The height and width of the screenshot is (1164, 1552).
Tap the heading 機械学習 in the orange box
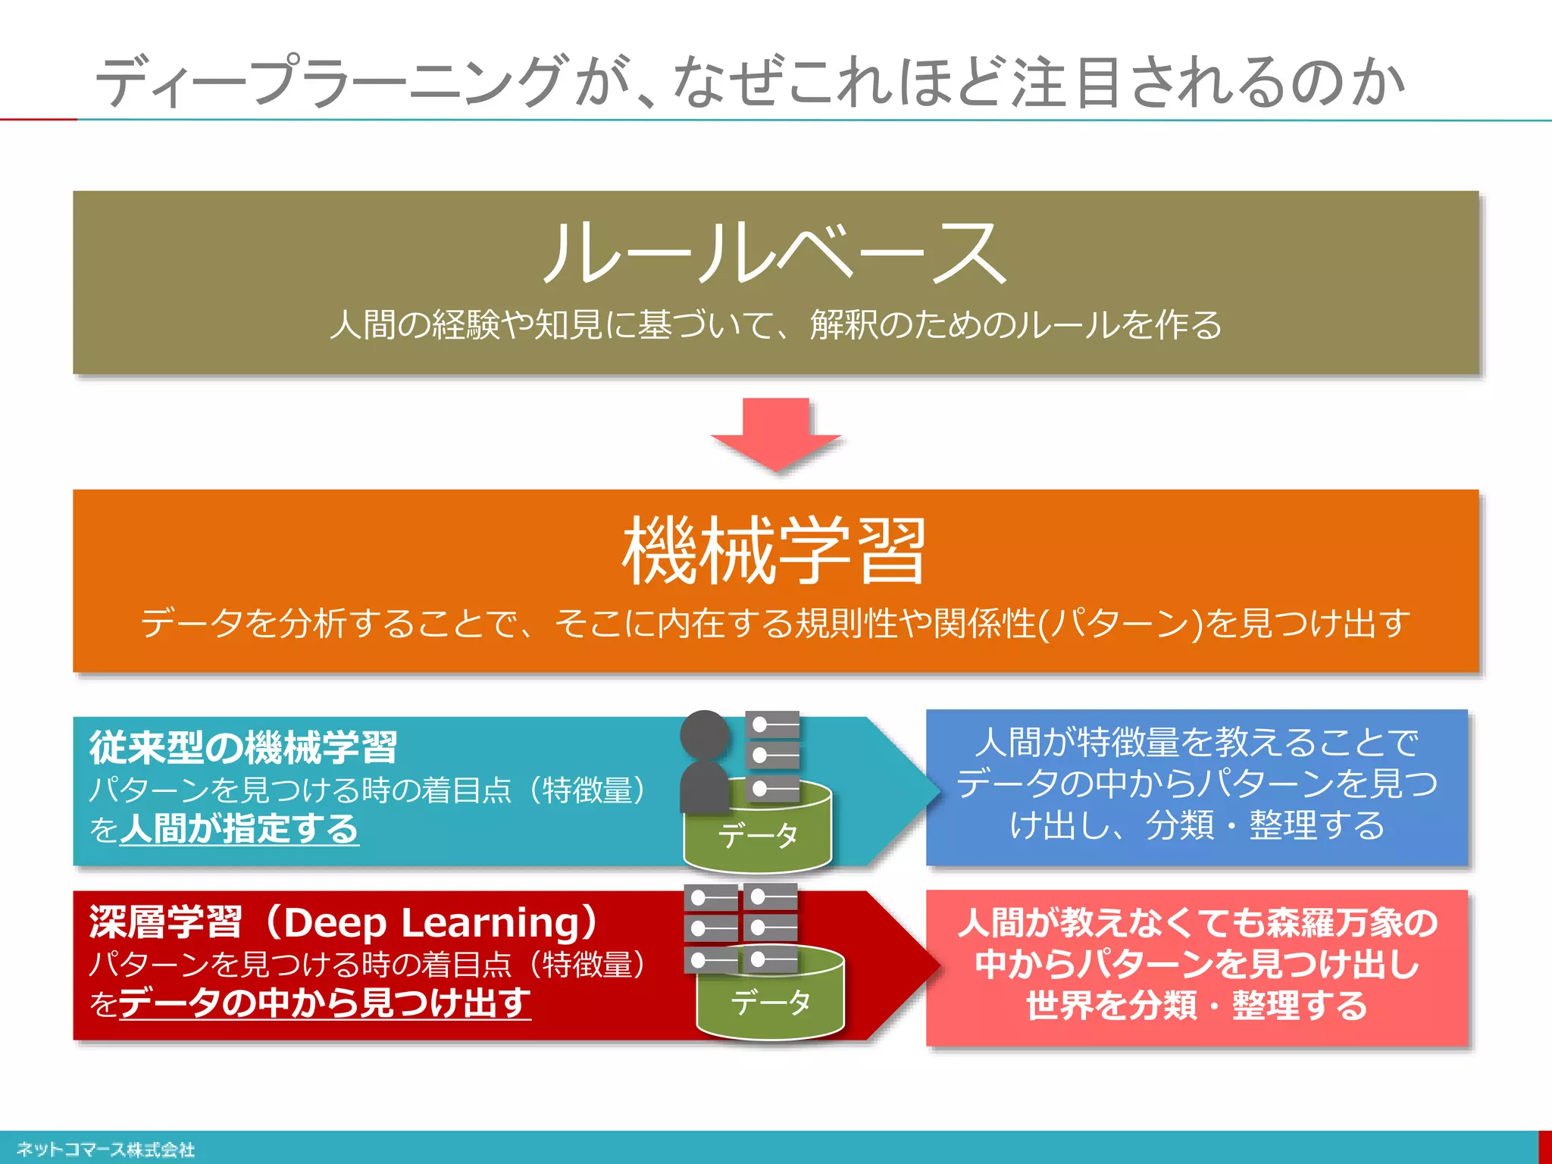coord(774,551)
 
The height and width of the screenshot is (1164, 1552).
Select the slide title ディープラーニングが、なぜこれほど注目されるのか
coord(750,82)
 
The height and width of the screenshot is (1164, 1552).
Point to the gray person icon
coord(705,762)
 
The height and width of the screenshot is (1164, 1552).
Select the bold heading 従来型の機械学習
coord(243,747)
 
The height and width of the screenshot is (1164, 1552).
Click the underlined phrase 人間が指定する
coord(239,828)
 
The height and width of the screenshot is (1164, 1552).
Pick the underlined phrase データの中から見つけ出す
coord(324,1003)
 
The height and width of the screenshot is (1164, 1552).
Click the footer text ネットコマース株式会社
coord(105,1150)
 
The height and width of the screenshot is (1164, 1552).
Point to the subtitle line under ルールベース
coord(774,325)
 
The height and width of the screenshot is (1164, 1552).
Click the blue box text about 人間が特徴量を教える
coord(1197,784)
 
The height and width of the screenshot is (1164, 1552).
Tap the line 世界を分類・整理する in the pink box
coord(1197,1006)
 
